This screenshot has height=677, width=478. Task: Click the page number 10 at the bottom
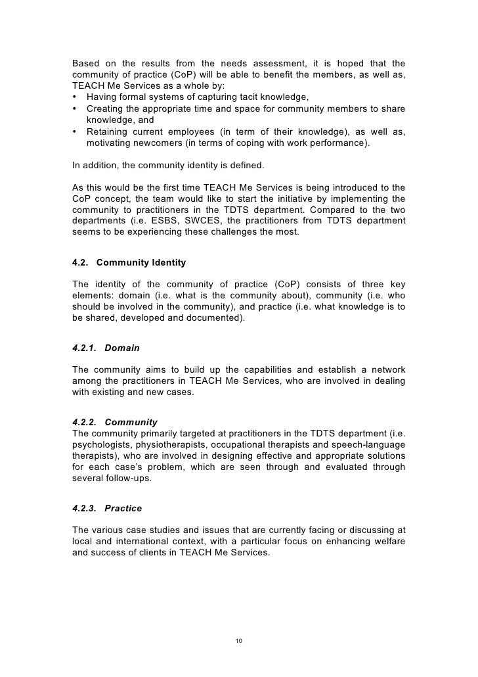[239, 640]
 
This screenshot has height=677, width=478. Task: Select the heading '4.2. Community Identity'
[129, 263]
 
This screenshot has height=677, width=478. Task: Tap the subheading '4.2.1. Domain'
[106, 348]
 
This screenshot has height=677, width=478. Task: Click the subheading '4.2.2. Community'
[114, 421]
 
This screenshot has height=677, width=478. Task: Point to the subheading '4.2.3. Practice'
[107, 508]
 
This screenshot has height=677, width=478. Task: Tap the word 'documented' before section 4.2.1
[214, 319]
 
